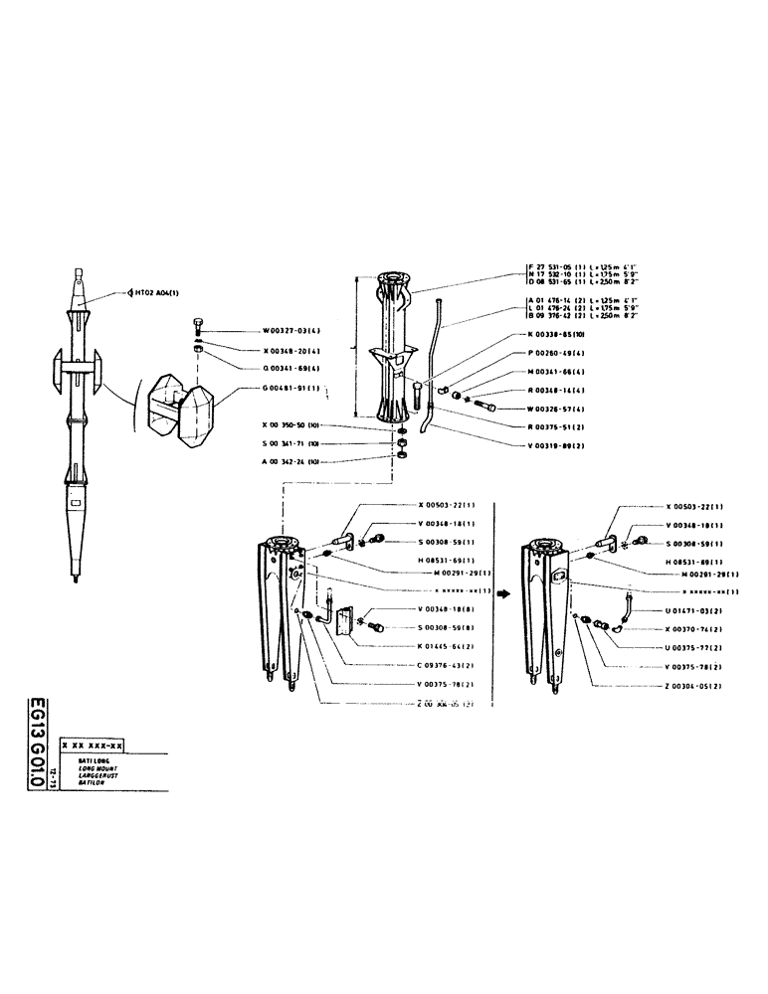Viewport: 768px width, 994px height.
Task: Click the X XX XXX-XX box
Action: [x=92, y=745]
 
